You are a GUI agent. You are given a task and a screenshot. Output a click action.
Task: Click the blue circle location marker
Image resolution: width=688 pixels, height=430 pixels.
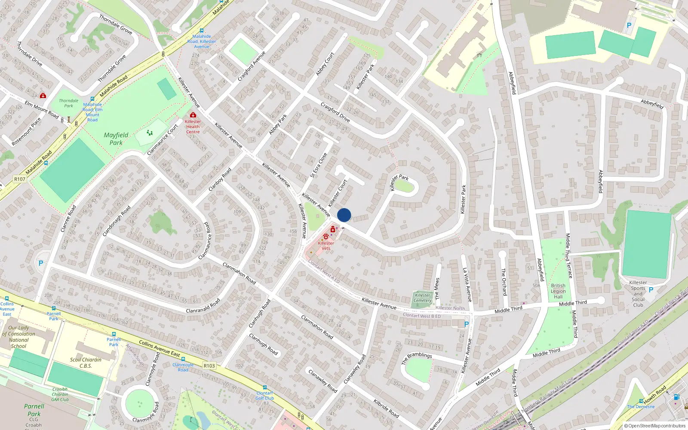tap(344, 215)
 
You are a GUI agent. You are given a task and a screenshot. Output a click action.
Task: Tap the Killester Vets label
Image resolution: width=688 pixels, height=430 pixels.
tap(326, 246)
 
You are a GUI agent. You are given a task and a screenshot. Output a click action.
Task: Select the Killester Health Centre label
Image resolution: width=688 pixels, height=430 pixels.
tap(193, 126)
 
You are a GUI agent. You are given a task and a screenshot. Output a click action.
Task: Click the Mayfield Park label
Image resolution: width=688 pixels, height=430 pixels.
tap(116, 138)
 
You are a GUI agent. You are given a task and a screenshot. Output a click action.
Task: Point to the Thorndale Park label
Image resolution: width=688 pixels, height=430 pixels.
tap(69, 103)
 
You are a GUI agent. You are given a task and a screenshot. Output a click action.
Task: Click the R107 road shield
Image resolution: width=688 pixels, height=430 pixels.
tap(20, 179)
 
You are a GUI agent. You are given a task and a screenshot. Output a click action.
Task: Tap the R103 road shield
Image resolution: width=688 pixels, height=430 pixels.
tap(209, 365)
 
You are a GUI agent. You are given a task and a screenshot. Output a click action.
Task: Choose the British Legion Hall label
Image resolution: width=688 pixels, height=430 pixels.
tap(558, 291)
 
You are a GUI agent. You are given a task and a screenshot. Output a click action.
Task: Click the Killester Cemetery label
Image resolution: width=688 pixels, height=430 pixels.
tap(422, 298)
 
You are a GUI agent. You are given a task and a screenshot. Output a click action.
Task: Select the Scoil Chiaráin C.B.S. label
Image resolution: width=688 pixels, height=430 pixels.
tap(86, 362)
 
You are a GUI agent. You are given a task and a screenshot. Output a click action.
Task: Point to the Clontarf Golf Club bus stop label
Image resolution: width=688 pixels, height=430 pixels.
tap(264, 396)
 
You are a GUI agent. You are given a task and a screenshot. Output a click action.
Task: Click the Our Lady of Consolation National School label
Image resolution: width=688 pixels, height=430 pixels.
tap(19, 337)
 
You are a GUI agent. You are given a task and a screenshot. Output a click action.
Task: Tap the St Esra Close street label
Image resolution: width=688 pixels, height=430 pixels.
tap(319, 165)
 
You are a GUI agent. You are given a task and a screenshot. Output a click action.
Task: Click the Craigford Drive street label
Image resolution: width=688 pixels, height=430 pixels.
tap(335, 112)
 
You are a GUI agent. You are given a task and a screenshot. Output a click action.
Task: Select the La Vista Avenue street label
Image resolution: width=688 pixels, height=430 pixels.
tap(467, 284)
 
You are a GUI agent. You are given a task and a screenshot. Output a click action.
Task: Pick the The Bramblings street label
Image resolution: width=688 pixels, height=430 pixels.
tap(416, 358)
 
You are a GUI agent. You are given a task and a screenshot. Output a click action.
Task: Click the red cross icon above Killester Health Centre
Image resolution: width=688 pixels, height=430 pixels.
tap(193, 115)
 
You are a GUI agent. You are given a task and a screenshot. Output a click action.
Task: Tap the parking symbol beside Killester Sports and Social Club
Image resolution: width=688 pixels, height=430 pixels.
tap(651, 290)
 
